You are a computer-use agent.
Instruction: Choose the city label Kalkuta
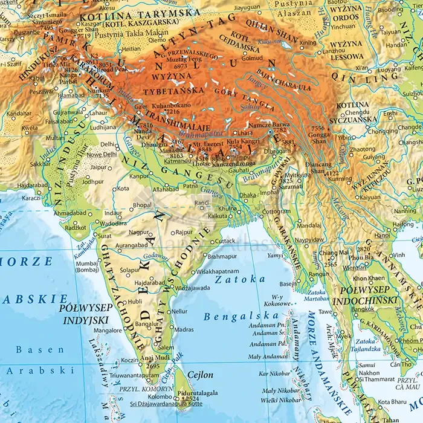[218, 215]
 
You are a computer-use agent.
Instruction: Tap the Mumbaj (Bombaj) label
[87, 266]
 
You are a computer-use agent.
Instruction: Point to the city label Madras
[184, 329]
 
